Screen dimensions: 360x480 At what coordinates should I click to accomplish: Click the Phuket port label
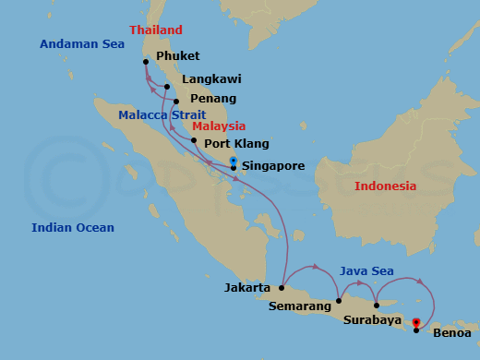coord(177,56)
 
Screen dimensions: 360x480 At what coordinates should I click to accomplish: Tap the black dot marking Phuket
coord(146,63)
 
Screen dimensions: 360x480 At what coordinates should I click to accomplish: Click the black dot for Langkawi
coord(167,88)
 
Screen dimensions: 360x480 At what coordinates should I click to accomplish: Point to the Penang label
coord(212,99)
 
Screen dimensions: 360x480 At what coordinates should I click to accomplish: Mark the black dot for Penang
coord(176,102)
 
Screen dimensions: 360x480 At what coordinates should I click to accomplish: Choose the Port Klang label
coord(236,143)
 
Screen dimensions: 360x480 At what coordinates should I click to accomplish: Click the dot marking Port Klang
coord(194,140)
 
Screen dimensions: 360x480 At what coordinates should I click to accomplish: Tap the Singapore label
coord(272,166)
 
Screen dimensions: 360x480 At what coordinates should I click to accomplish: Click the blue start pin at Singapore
coord(234,162)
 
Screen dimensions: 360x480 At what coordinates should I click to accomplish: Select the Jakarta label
coord(247,288)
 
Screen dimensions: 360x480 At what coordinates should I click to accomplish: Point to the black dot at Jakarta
coord(282,288)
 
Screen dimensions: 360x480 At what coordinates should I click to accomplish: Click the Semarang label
coord(299,306)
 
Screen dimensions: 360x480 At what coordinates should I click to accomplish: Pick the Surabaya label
coord(371,321)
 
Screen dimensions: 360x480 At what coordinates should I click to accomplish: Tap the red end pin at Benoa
coord(416,323)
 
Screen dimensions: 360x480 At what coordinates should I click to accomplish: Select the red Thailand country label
coord(156,30)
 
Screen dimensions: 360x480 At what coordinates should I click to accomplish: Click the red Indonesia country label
coord(385,186)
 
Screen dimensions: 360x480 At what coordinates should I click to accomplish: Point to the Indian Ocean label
coord(73,228)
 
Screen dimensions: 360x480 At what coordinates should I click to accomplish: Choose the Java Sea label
coord(366,270)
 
